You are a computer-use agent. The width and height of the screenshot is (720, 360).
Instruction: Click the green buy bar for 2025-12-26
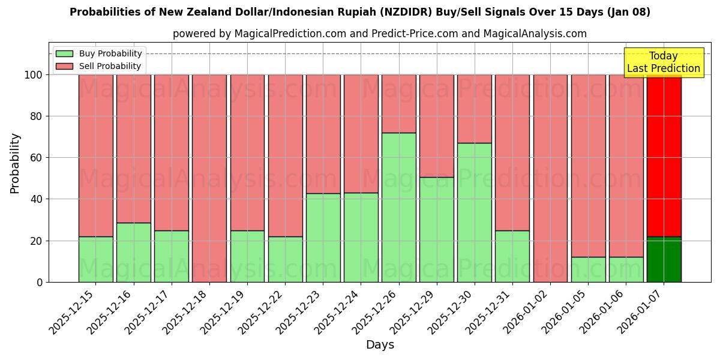point(399,207)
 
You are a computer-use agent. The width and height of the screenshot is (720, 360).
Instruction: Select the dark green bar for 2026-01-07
point(664,259)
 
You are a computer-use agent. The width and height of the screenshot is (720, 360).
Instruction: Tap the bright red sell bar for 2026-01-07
point(664,155)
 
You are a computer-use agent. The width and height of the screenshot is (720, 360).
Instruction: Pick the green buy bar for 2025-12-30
point(475,212)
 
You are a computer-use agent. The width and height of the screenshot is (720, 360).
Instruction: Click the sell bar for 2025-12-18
point(209,178)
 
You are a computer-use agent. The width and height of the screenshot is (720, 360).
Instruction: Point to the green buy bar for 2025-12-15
point(96,259)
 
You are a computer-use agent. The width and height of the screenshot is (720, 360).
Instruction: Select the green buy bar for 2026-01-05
point(588,269)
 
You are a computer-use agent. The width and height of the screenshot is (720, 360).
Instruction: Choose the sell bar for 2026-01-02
point(550,178)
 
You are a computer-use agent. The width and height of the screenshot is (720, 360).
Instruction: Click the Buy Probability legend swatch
point(64,54)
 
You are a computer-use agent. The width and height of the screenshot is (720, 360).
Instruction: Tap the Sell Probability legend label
point(110,67)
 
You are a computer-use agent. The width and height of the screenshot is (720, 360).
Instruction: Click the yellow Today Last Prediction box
point(664,62)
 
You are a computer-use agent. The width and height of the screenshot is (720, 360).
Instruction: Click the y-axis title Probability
point(15,163)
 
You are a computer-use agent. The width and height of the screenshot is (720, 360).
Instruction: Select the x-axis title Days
point(380,345)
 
